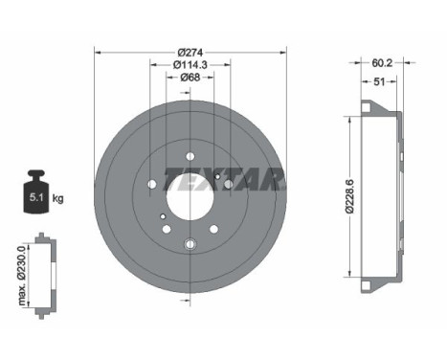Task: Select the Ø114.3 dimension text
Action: point(190,64)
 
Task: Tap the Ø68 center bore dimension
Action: point(190,79)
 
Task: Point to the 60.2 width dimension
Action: point(381,65)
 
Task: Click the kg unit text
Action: point(57,199)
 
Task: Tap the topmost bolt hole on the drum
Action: point(190,156)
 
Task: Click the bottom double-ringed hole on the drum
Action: point(190,245)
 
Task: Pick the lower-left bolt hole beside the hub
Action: point(166,229)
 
